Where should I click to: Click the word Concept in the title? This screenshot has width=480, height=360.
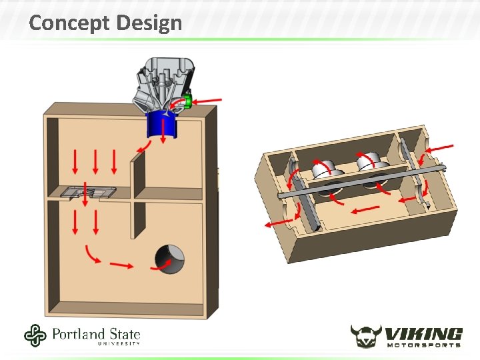[x=69, y=23]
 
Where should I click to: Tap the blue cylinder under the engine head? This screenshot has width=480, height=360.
[x=162, y=125]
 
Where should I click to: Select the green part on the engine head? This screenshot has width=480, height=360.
[x=187, y=101]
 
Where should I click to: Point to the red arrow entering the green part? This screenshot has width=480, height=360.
[x=207, y=101]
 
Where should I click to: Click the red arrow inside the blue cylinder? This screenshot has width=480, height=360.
[x=163, y=131]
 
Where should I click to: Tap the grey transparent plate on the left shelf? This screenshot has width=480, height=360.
[x=88, y=193]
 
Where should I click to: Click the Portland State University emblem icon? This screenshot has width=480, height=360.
[x=35, y=335]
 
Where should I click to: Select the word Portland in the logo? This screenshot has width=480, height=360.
[x=79, y=334]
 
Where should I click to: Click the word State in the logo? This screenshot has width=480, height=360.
[x=124, y=334]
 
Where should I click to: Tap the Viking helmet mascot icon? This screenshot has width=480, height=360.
[x=366, y=336]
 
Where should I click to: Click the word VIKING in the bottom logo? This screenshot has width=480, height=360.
[x=423, y=334]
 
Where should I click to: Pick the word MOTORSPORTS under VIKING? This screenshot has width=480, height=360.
[x=424, y=345]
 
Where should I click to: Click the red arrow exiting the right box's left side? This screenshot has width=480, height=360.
[x=279, y=223]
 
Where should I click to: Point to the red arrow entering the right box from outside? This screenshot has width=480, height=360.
[x=439, y=149]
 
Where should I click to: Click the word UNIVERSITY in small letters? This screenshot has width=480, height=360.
[x=119, y=343]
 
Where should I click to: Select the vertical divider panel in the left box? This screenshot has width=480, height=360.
[x=139, y=196]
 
